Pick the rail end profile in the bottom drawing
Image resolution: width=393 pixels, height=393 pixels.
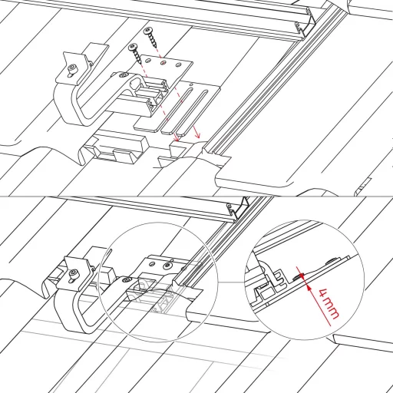(237, 208)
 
